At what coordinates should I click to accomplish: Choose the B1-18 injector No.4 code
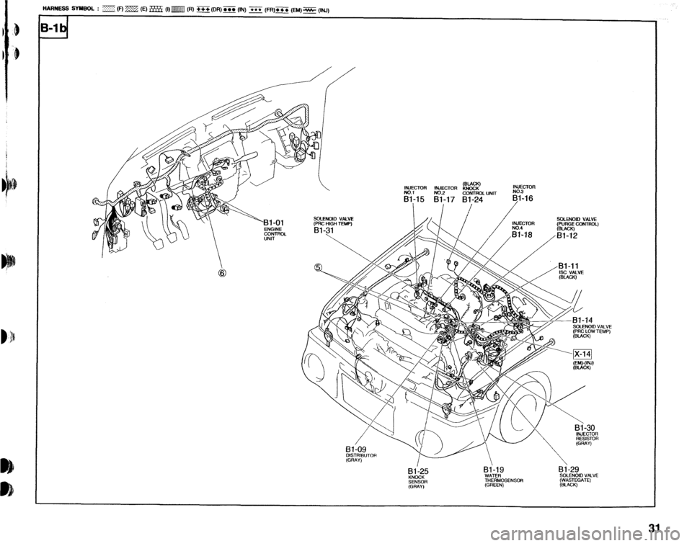525,234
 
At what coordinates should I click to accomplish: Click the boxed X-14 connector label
582,352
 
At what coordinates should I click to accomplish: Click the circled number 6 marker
213,273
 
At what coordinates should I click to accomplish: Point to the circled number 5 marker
318,268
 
